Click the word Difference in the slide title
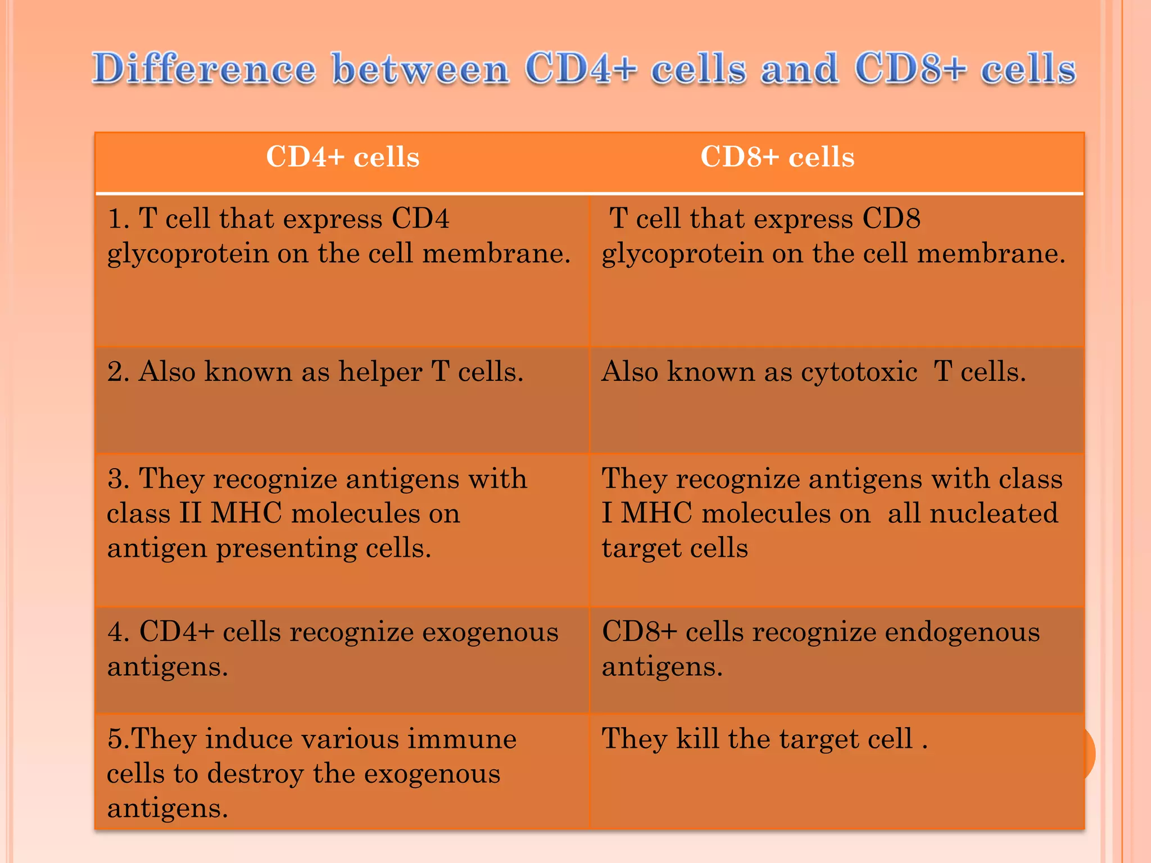coord(204,69)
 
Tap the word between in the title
coord(420,69)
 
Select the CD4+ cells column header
coord(342,157)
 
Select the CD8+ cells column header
coord(777,157)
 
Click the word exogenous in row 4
coord(490,632)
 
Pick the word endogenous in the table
coord(962,632)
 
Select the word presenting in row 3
coord(286,548)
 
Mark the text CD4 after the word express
coord(420,219)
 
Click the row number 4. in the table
coord(119,632)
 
